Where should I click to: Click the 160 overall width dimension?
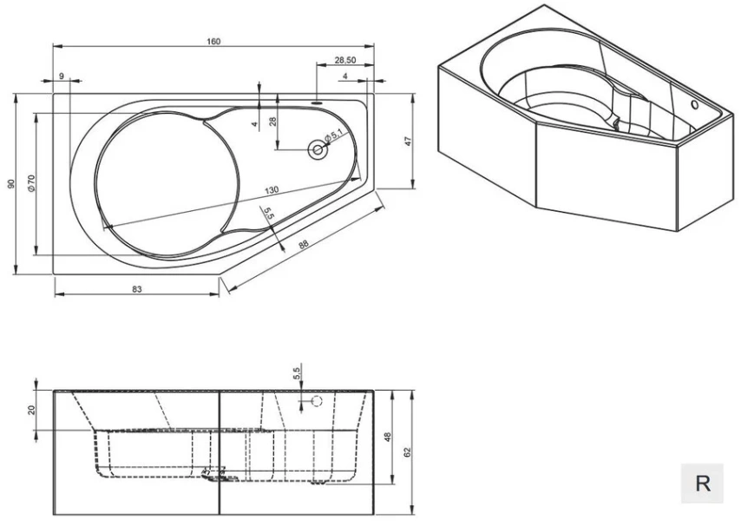pos(214,41)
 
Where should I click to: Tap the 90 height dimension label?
pos(11,184)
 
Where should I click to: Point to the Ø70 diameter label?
pos(31,182)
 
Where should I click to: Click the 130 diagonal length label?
pos(272,190)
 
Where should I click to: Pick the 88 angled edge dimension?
pos(303,245)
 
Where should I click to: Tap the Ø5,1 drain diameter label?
pos(335,137)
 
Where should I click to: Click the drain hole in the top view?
pos(317,150)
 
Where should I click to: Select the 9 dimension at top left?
pos(62,77)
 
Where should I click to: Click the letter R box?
pos(703,483)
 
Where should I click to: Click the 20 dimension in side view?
pos(32,409)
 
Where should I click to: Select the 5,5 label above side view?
pos(297,373)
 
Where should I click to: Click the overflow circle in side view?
pos(317,401)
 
